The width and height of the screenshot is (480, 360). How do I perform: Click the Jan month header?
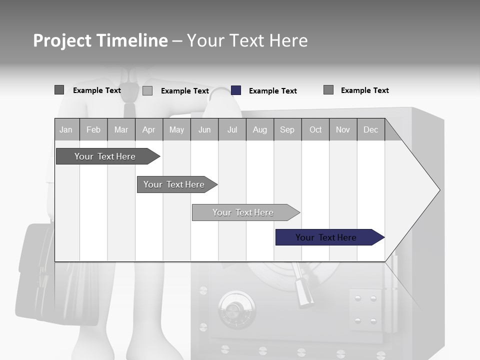point(66,130)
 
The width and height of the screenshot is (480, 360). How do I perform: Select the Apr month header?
point(149,130)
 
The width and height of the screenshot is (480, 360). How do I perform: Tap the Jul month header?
point(232,130)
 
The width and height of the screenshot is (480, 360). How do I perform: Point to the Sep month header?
point(287,130)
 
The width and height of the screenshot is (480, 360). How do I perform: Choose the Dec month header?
point(370,130)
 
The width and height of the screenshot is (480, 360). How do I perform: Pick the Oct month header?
point(315,130)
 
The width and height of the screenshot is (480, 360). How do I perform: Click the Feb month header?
point(93,130)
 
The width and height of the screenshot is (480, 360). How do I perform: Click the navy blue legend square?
point(236,90)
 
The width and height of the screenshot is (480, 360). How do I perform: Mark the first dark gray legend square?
point(59,90)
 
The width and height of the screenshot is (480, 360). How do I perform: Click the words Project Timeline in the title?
point(100,40)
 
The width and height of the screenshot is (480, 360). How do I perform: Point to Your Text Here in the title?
point(247,40)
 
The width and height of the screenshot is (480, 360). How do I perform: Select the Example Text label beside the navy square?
point(272,91)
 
